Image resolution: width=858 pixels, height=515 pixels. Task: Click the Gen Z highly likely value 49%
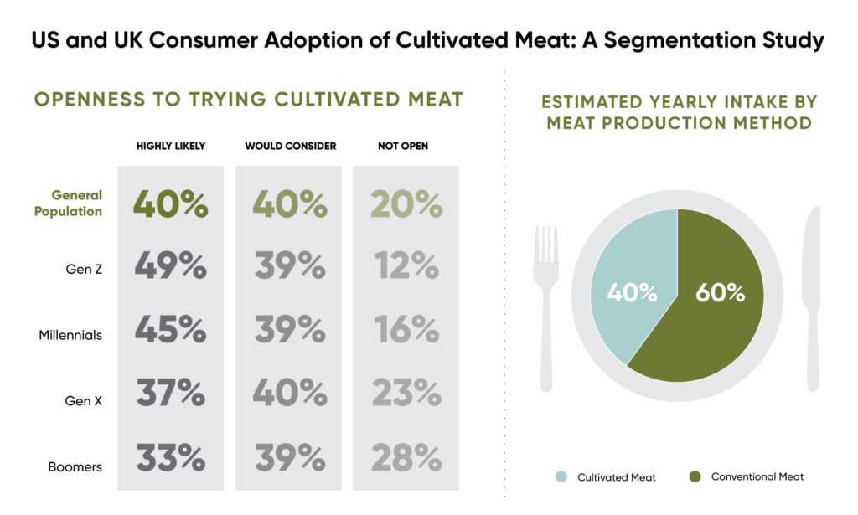coord(171,266)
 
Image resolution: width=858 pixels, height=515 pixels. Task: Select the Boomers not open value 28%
coord(406,458)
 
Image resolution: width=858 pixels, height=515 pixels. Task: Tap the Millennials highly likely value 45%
coord(171,330)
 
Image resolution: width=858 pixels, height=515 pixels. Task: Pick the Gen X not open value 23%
coord(406,394)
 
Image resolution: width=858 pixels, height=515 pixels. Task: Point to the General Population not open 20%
coord(406,204)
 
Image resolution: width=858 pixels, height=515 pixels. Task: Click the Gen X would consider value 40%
coord(290,394)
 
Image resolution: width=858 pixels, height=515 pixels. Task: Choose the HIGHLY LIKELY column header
coord(171,147)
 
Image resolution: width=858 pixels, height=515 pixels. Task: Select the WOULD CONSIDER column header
coord(290,147)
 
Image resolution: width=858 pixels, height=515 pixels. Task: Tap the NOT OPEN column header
coord(403,147)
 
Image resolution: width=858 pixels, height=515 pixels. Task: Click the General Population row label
coord(69,203)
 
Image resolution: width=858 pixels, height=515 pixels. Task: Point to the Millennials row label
coord(70,335)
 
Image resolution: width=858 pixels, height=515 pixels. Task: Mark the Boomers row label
coord(75,466)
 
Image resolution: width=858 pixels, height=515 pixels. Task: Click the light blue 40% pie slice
coord(632,285)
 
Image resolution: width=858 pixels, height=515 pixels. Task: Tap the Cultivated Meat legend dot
coord(561,477)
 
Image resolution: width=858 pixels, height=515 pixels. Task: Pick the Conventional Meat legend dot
coord(694,477)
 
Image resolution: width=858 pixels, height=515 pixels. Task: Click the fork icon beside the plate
coord(546,301)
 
